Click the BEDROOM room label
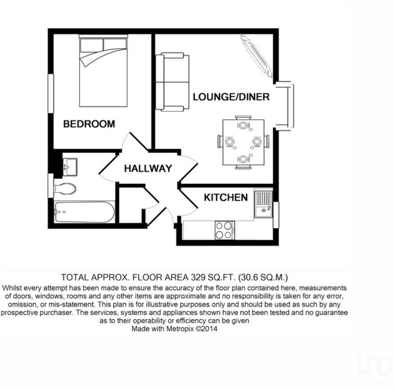(x=89, y=124)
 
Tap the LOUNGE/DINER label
(x=231, y=97)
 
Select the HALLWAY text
(x=148, y=168)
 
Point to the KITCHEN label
(x=226, y=197)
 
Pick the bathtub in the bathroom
(x=84, y=212)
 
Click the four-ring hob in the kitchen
(x=224, y=230)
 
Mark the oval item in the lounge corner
(x=257, y=56)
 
